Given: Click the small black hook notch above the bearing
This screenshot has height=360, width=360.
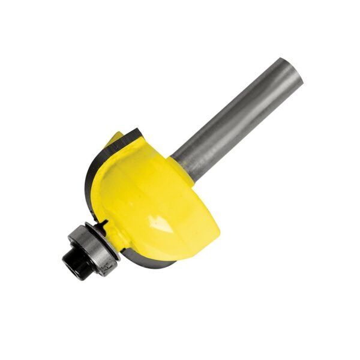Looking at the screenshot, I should (x=109, y=223).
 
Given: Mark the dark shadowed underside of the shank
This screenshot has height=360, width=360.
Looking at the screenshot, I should (x=246, y=129).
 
